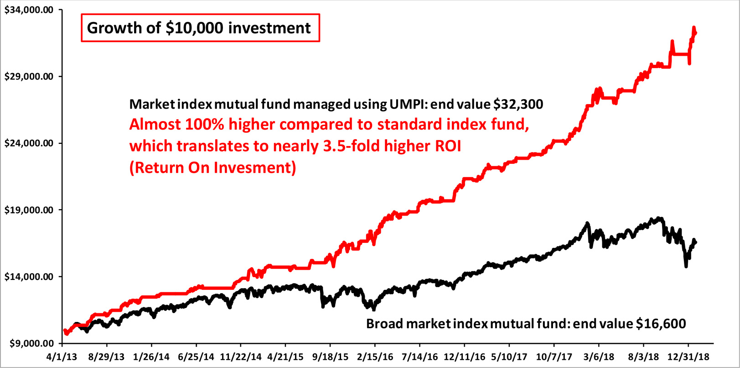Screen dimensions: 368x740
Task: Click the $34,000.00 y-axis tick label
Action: pos(29,10)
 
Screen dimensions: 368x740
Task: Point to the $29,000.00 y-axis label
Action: pos(29,77)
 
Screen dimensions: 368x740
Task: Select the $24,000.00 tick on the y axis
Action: pos(29,143)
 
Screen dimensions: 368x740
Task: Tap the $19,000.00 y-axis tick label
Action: pos(29,210)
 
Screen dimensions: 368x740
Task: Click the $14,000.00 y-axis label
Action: pos(29,277)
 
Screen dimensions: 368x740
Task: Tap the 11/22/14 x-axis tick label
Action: pos(240,357)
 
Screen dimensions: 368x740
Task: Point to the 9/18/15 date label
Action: pos(330,357)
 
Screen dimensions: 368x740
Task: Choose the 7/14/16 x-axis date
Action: pos(419,357)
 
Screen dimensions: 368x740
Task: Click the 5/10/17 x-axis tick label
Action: pos(509,357)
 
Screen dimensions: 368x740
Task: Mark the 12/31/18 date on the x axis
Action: pos(688,357)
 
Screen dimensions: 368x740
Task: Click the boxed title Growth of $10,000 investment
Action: pos(200,28)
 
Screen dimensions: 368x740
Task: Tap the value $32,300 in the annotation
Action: pos(518,105)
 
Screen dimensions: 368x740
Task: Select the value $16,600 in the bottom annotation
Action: pos(661,324)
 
